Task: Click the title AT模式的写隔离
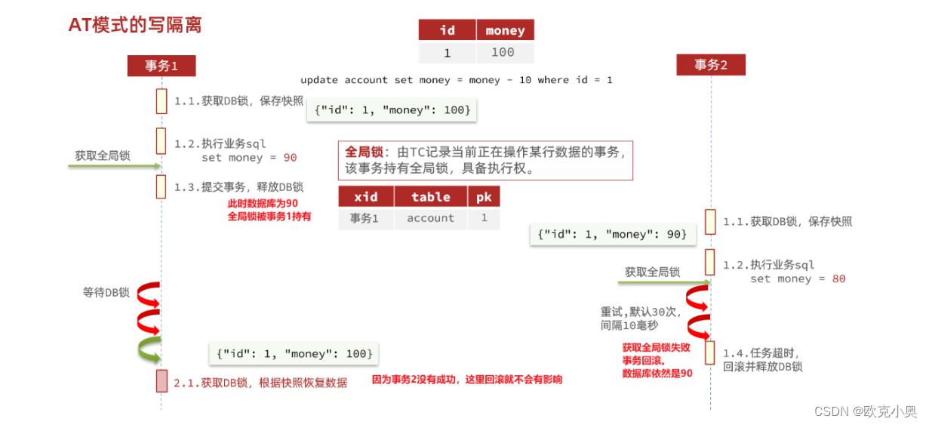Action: coord(135,24)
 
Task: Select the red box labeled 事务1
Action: coord(161,66)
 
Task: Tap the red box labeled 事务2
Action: coord(711,65)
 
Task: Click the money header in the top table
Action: coord(505,30)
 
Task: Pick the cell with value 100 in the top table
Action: coord(502,52)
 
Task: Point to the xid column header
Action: coord(366,197)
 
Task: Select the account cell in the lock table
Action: coord(430,218)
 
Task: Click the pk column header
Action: coord(484,197)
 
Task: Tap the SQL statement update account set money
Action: coord(456,80)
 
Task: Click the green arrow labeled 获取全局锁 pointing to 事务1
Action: coord(114,165)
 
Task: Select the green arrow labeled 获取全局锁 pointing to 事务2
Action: coord(663,282)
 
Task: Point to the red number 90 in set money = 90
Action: coord(290,158)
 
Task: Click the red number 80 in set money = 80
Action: coord(838,279)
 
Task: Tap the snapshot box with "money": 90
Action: coord(612,235)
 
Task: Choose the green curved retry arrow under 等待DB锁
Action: coord(150,350)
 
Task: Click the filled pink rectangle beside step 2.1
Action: coord(161,381)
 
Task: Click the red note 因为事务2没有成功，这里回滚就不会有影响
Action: coord(467,380)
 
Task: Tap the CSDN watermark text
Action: coord(865,411)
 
